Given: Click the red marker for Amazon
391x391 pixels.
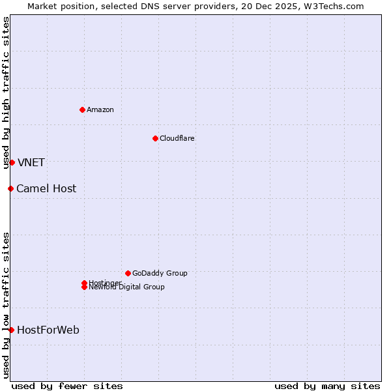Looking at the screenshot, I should coord(82,109).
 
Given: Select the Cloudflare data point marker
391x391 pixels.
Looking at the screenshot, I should coord(155,138).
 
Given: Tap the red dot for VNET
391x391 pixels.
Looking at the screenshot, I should coord(12,162).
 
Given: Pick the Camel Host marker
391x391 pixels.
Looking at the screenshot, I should coord(10,188).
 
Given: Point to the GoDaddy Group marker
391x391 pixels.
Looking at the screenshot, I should coord(128,273).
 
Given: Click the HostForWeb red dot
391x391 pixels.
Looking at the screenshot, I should coord(11,330).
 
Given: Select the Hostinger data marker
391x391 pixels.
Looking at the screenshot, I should coord(84,283).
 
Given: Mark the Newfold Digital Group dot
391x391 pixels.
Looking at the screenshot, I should coord(84,287).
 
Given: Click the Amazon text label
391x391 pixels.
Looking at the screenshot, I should coord(100,109).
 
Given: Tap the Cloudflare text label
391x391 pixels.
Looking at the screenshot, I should coord(177,138).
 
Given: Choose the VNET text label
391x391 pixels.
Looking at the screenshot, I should coord(31,162).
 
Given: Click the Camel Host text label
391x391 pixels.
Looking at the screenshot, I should coord(46,188).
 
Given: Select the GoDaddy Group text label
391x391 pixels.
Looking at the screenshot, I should coord(160,273).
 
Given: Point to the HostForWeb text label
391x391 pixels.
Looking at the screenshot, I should coord(48,330).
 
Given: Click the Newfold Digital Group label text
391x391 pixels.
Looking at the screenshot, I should coord(127,287).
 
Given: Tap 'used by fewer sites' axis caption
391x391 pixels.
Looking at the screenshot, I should coord(67,386).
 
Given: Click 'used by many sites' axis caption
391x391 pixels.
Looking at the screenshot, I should coord(327,386).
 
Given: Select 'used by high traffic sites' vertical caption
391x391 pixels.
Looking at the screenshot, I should coord(6,93).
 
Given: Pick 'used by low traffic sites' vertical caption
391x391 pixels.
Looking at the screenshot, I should coord(6,305).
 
